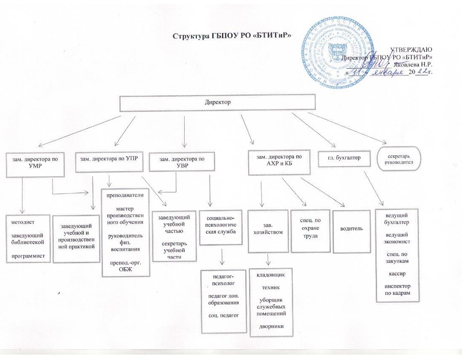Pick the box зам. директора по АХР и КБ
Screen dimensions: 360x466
(279, 161)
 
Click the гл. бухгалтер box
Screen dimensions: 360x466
(341, 159)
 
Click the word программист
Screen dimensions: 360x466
(28, 255)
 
